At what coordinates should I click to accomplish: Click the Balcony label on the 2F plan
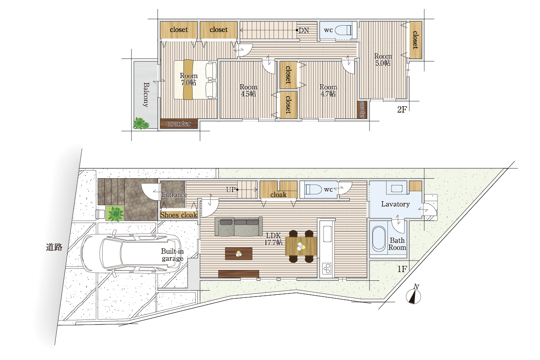coord(146,94)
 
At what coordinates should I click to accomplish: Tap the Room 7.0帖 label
coord(189,79)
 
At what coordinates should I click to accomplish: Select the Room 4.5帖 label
coord(248,90)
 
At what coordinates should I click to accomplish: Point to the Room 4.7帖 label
coord(328,90)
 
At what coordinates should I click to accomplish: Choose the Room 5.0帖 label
coord(383,59)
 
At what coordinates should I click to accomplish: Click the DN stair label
coord(303,31)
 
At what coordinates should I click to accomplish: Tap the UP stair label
coord(231,189)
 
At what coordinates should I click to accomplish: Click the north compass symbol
coord(414,294)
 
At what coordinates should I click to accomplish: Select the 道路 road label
coord(54,247)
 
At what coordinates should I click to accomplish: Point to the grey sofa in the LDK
coord(238,226)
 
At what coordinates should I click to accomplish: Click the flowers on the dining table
coord(301,247)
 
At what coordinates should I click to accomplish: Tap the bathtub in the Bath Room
coord(379,238)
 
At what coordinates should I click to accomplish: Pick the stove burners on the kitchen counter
coord(327,268)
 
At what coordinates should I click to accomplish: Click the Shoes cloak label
coord(179,215)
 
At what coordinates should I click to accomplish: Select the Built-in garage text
coord(172,255)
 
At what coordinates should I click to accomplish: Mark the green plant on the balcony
coord(141,123)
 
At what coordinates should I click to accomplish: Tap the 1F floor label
coord(402,269)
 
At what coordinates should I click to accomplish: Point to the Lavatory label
coord(396,204)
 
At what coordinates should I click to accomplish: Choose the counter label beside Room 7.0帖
coord(179,124)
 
